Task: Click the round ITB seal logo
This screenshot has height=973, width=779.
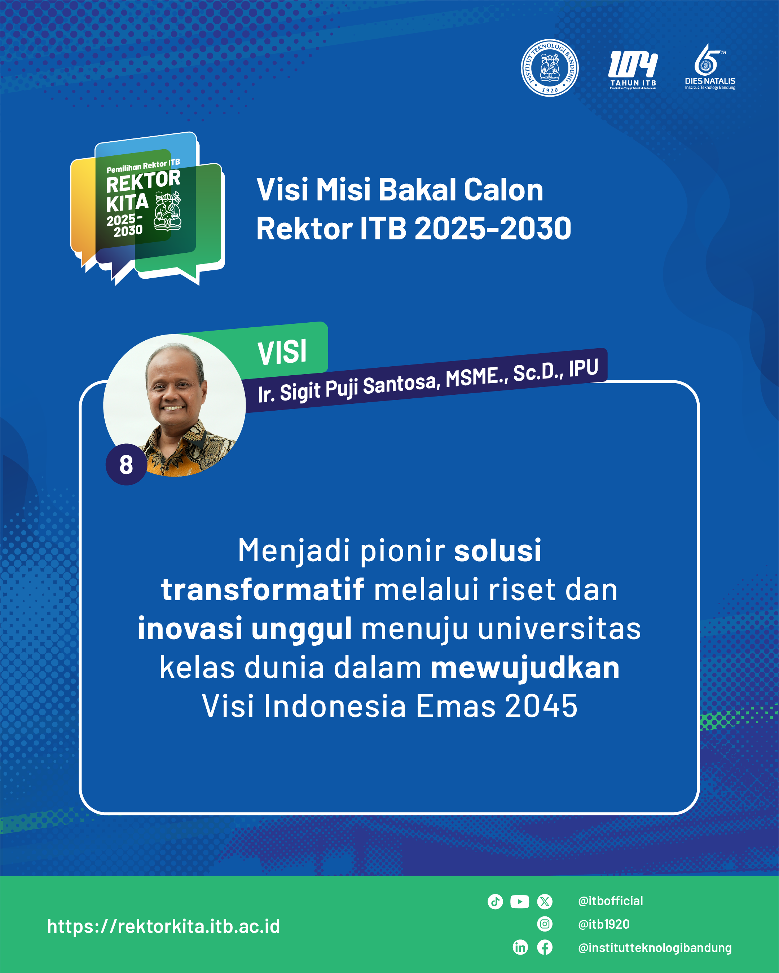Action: [550, 67]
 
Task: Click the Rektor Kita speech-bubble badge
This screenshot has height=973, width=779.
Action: [147, 208]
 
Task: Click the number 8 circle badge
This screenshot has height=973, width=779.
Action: [126, 464]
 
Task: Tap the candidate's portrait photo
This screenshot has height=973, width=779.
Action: [174, 405]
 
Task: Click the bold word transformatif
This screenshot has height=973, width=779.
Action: [263, 589]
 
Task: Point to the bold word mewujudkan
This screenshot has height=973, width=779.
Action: [525, 668]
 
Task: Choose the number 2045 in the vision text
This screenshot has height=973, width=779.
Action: [541, 706]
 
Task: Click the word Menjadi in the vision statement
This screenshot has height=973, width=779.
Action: [294, 552]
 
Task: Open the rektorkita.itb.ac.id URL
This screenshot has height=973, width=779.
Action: [163, 926]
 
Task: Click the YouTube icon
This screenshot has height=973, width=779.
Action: [520, 902]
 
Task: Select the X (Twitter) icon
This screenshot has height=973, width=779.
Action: [545, 902]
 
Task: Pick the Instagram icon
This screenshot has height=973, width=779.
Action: [545, 924]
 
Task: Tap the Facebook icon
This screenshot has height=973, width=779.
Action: [545, 947]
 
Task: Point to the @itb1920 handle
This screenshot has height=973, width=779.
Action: [604, 924]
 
